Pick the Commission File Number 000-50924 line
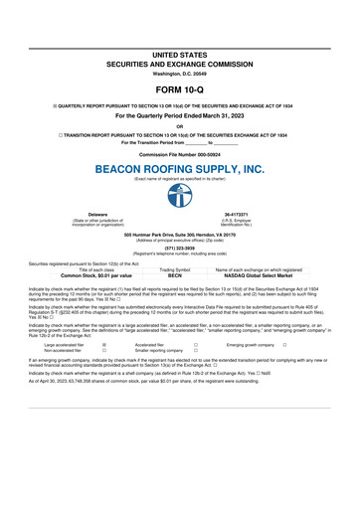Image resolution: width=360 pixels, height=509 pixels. (180, 155)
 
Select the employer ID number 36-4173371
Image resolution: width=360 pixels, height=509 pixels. (261, 241)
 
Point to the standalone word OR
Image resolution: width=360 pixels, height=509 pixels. (180, 125)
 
